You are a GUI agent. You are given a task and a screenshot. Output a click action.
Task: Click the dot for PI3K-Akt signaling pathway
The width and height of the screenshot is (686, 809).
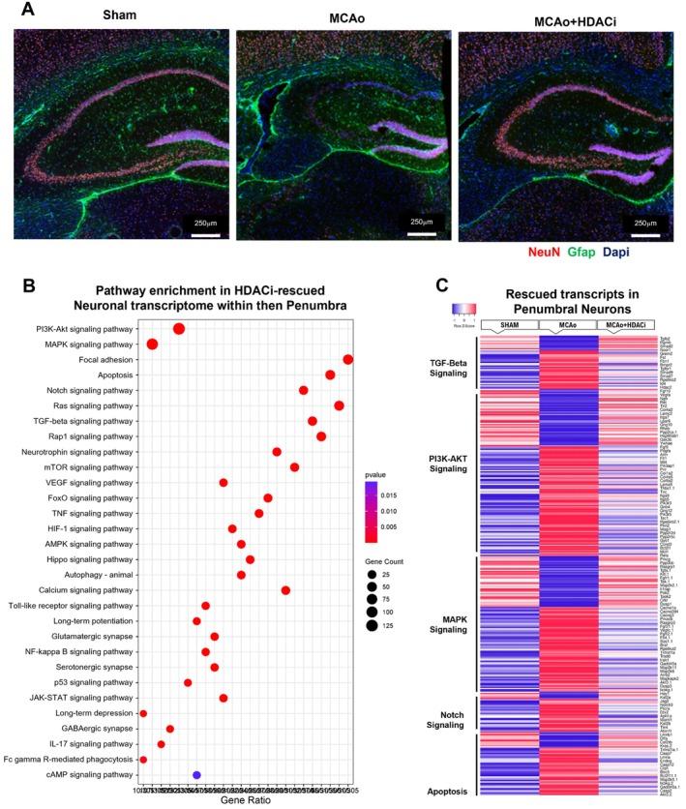pyautogui.click(x=179, y=329)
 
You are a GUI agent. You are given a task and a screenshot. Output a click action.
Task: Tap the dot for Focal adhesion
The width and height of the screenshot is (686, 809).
pyautogui.click(x=348, y=359)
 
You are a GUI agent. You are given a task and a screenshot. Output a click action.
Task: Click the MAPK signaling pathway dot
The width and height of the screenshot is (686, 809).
pyautogui.click(x=152, y=345)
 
